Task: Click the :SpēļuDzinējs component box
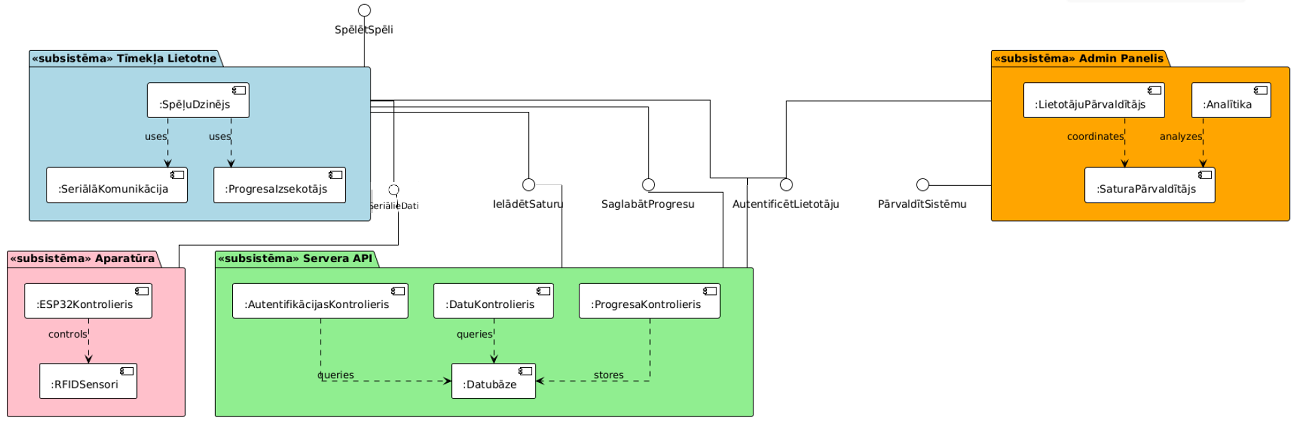tap(198, 100)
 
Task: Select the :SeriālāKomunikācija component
tap(116, 185)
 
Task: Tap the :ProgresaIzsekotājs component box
tap(279, 185)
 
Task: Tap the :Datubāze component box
tap(493, 381)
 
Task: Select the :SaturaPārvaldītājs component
tap(1149, 185)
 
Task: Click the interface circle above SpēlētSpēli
tap(364, 10)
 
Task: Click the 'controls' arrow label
tap(68, 334)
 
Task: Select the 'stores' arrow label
tap(608, 375)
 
